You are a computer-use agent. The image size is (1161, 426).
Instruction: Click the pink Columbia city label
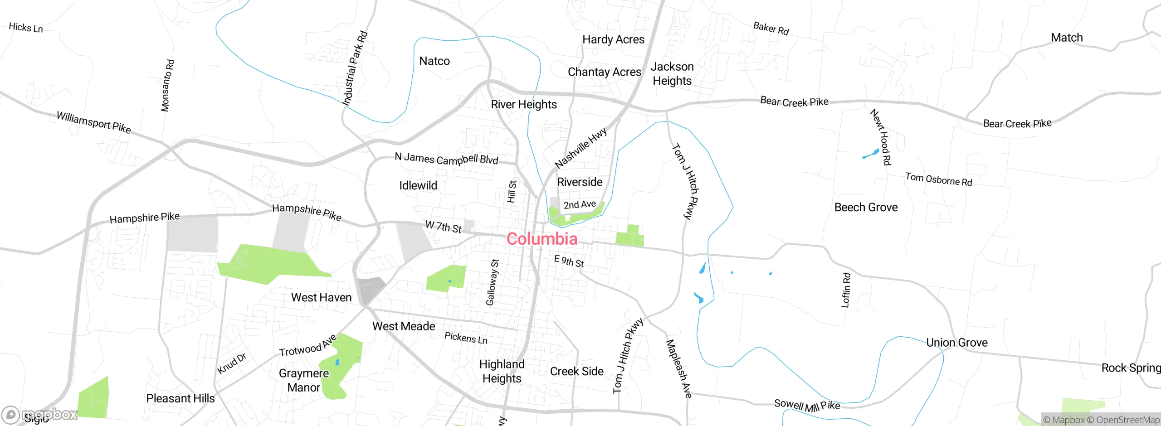542,239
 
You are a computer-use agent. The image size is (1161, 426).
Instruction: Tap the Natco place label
434,61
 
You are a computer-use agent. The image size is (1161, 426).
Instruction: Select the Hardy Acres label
613,39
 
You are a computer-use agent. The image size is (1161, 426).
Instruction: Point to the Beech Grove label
866,207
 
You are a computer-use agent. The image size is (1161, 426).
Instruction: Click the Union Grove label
956,343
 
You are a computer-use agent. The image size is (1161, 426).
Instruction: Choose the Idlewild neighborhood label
418,185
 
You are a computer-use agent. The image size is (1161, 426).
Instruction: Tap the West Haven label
321,297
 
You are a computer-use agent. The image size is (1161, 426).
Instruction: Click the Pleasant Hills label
180,398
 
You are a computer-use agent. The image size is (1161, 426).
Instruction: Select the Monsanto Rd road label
167,85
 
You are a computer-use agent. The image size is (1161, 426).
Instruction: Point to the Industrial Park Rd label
355,68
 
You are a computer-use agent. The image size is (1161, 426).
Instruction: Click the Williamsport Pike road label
94,122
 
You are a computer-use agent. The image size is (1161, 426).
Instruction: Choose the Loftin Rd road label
846,290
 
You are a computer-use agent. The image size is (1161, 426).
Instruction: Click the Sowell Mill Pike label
807,405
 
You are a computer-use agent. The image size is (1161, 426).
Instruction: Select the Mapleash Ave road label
678,368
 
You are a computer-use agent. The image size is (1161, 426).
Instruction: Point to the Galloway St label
492,282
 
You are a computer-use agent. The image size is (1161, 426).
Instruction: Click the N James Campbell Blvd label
446,159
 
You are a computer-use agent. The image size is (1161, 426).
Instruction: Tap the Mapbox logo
40,414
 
